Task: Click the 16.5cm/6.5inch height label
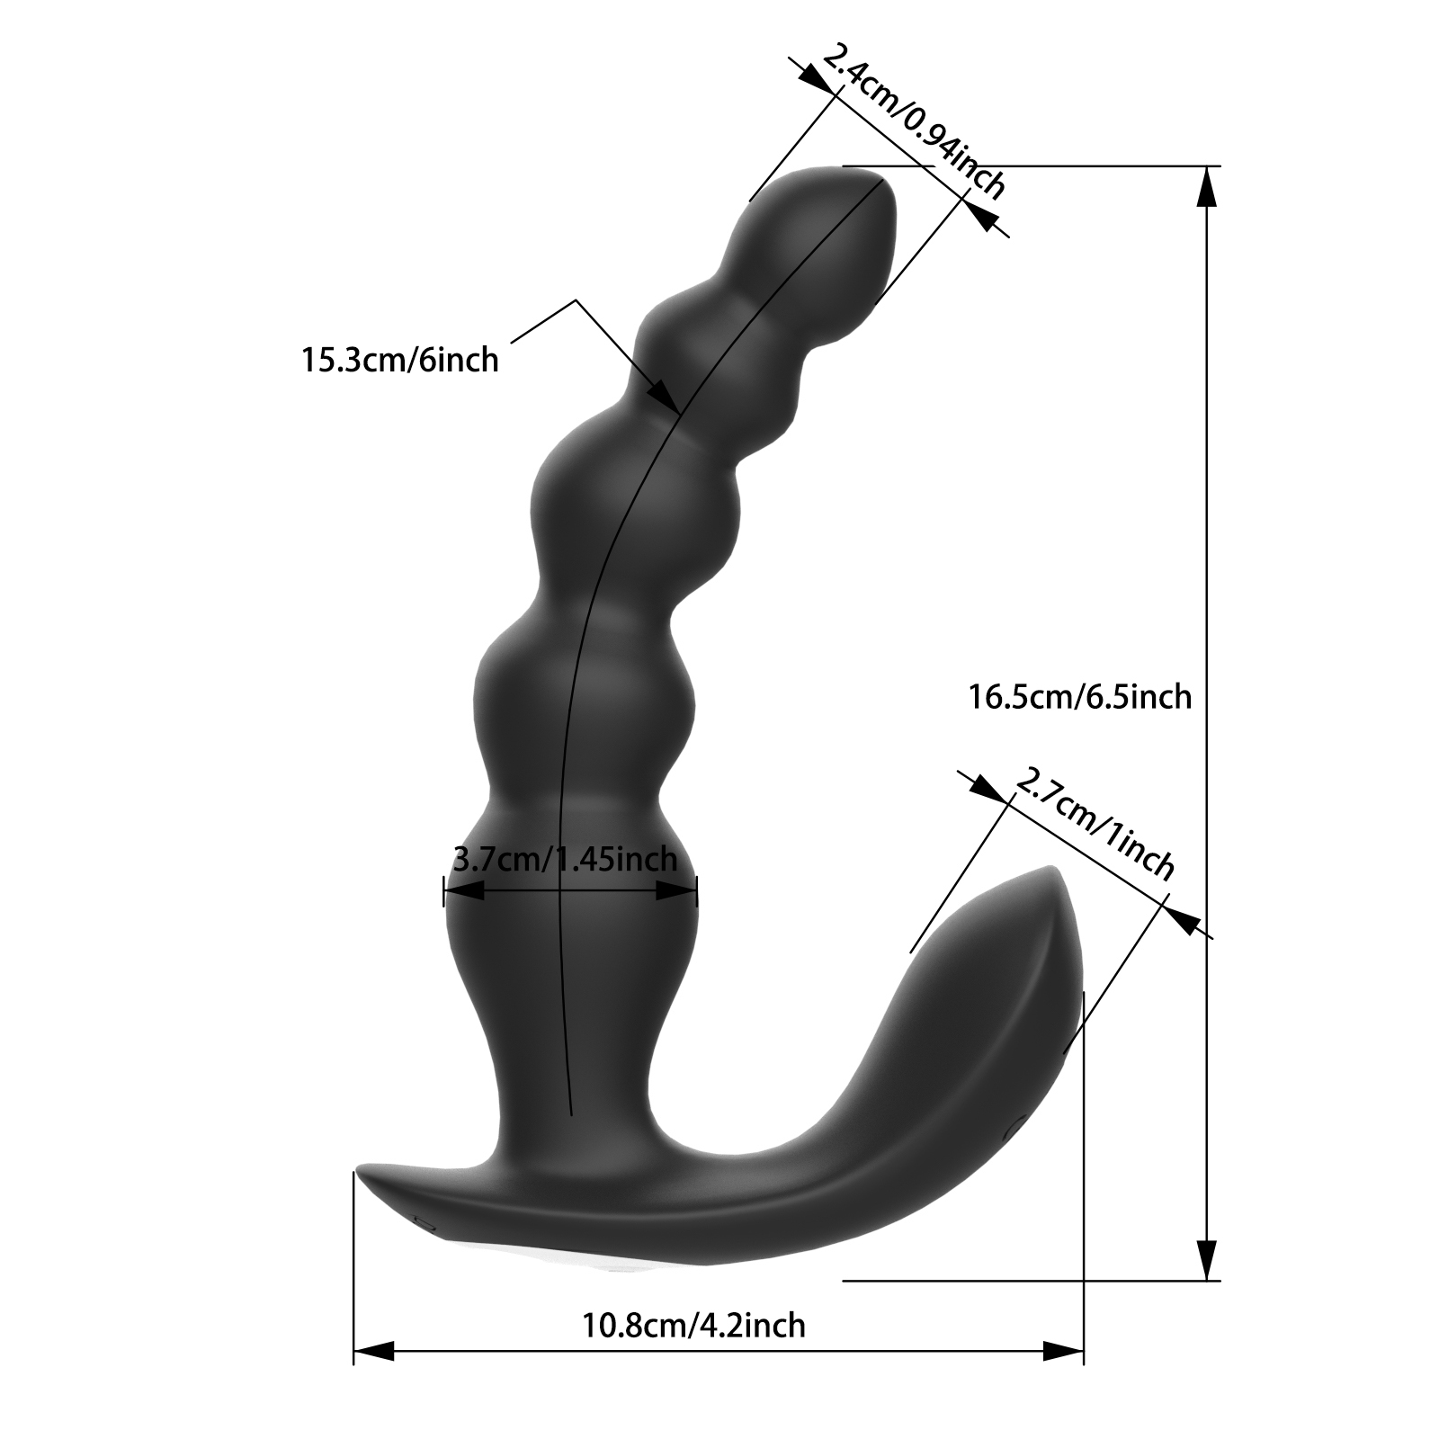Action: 1079,697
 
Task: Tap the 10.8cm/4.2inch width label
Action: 693,1325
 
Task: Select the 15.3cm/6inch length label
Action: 399,360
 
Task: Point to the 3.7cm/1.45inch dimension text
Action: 564,860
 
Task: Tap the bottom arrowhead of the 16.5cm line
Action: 1205,1258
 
